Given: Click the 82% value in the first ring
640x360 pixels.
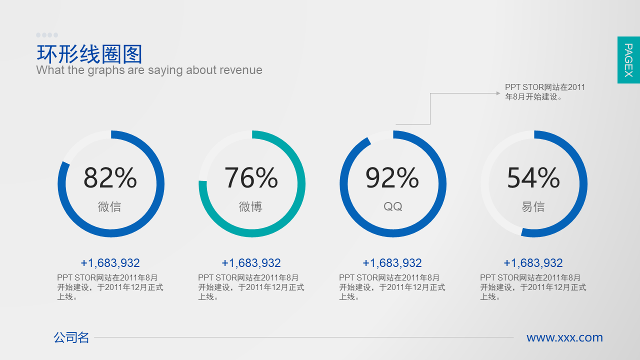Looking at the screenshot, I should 110,177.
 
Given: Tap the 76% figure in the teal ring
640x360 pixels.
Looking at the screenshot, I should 251,177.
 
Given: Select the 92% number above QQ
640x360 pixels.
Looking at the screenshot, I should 392,177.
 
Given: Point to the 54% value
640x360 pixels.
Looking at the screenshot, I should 533,177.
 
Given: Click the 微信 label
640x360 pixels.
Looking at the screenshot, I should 109,206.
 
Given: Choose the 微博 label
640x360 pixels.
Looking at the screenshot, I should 250,206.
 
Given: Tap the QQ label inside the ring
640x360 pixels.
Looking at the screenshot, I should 392,206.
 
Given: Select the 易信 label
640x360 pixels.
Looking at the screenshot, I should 533,206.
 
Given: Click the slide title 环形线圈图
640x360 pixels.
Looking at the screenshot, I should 90,54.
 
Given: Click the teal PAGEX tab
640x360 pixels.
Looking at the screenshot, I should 628,60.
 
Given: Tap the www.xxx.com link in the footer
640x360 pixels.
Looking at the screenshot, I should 564,337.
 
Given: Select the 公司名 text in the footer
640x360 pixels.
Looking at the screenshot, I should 71,337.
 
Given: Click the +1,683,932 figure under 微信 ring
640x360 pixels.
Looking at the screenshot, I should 110,263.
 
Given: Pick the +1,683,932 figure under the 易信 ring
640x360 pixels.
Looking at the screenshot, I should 533,263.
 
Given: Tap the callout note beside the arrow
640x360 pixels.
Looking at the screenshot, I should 545,92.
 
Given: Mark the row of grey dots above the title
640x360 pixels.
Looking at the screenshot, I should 47,35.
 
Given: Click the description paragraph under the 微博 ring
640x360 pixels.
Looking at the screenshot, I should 251,287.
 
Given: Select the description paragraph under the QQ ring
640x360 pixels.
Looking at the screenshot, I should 392,287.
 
